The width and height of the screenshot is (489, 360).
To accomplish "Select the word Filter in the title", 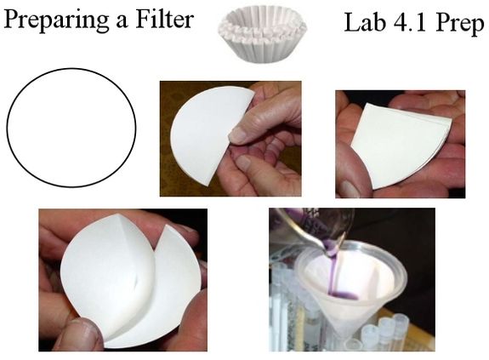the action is tap(164, 20).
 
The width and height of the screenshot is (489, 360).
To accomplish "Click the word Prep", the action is tap(460, 24).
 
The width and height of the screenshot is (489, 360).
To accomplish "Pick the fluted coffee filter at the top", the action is tap(262, 34).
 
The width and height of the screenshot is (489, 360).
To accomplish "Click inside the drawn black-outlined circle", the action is tap(71, 128).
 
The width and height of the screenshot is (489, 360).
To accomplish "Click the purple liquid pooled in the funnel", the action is tap(343, 294).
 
